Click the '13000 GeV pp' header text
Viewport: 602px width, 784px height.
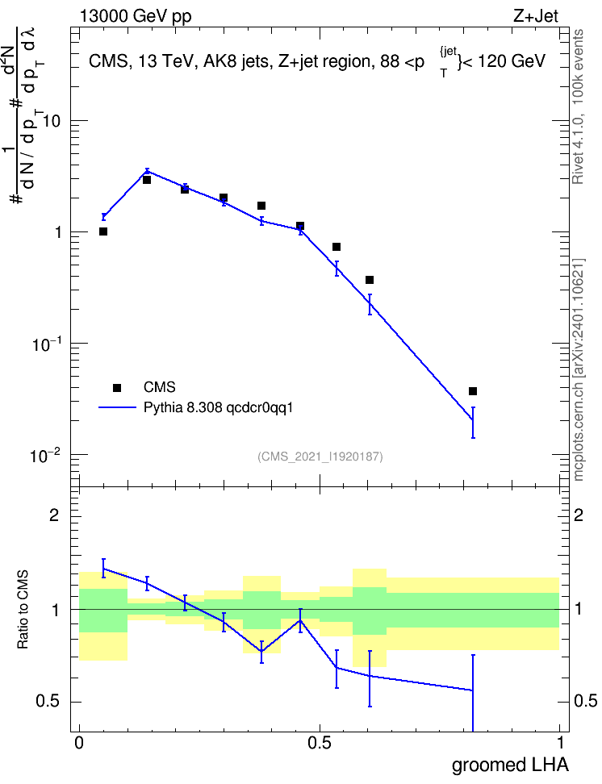pos(135,16)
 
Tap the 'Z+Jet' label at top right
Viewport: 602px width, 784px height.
pos(536,16)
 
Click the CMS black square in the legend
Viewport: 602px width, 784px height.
pos(117,387)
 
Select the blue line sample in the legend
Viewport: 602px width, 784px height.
pos(117,407)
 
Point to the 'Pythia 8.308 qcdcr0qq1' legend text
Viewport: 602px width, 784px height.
pos(218,408)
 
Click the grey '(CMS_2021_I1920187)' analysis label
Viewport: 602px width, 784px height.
pos(320,457)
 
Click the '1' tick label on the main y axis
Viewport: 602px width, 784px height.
pos(59,233)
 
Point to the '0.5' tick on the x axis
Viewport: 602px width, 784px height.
pos(320,743)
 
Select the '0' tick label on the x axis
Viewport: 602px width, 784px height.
pos(78,743)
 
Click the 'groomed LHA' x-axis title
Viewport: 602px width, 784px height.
pos(511,765)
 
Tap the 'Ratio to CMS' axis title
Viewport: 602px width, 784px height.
pos(23,610)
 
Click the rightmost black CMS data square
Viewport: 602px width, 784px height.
pos(473,391)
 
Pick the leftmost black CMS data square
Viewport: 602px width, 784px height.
pos(103,231)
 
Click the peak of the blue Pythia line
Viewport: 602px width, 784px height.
pos(147,171)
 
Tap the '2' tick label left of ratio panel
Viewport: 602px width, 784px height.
pos(55,515)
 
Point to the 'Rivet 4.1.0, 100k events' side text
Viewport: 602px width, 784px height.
pos(578,106)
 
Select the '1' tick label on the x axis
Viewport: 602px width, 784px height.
pos(560,743)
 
